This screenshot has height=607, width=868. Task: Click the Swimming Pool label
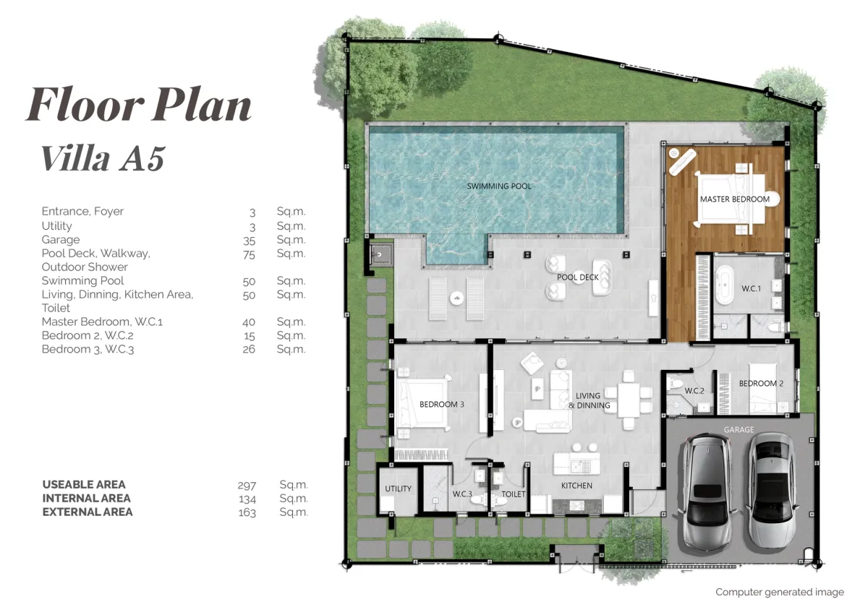point(499,186)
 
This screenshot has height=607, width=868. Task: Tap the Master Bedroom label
point(735,199)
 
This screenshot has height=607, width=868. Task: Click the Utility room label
point(398,488)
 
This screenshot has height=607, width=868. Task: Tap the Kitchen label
point(576,486)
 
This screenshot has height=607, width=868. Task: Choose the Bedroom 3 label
point(442,404)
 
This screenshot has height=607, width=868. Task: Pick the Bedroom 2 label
point(761,383)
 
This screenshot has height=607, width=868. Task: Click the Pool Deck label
point(578,277)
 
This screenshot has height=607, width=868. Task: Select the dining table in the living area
point(629,400)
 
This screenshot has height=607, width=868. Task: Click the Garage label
point(739,430)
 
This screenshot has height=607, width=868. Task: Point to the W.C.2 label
point(694,391)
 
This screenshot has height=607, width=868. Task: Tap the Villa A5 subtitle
point(103,158)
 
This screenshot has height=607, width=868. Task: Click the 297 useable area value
point(247,485)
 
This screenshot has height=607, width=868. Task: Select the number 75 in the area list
point(249,254)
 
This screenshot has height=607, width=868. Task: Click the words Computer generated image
point(780,592)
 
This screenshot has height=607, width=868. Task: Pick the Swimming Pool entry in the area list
point(82,280)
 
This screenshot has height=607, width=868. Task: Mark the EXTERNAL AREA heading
point(88,512)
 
